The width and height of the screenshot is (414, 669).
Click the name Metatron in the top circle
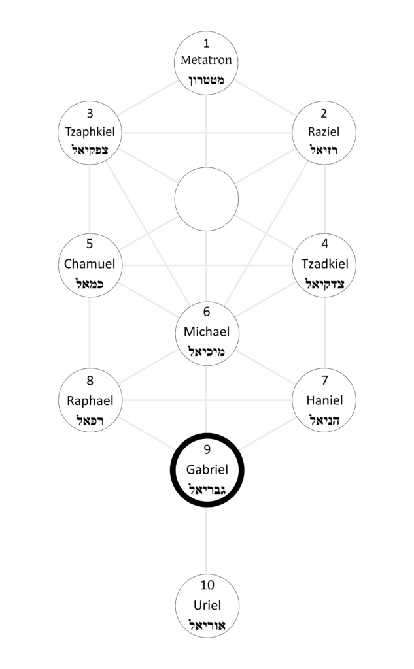[x=206, y=60]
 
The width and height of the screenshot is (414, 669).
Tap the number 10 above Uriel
[x=207, y=585]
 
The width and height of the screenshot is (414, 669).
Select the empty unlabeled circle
[x=207, y=199]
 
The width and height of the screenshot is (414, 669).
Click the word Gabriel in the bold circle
[x=207, y=469]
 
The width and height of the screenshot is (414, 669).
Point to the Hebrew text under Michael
[x=207, y=351]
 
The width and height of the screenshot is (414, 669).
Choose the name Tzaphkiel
[x=90, y=132]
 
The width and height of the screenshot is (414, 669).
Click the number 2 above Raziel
[x=324, y=114]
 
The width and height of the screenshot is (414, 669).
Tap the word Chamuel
[x=90, y=264]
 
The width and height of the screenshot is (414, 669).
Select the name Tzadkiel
[x=324, y=264]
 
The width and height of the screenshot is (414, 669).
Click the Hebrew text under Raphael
[x=90, y=420]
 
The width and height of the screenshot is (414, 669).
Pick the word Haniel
[x=324, y=400]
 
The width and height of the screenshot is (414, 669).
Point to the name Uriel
[x=207, y=605]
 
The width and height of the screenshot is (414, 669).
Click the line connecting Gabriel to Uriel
[x=207, y=540]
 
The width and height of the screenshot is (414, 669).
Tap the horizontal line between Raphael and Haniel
[x=207, y=400]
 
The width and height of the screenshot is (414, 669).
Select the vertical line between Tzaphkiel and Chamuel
[x=90, y=199]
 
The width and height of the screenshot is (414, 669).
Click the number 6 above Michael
[x=207, y=312]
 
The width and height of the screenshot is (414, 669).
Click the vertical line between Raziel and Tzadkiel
[x=324, y=199]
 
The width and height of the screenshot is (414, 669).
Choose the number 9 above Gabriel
[x=207, y=449]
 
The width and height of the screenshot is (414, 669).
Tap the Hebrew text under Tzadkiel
[x=324, y=284]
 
